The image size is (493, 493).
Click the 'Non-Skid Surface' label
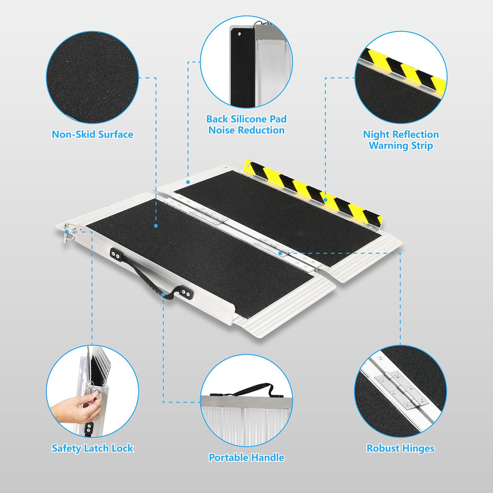point(92,134)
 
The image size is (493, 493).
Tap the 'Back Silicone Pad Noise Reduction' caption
point(246,125)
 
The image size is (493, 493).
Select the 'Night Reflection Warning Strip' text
point(401,140)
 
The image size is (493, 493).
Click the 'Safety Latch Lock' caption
point(92,448)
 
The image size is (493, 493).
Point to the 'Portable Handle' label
point(246,458)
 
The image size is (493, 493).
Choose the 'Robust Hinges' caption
point(400,448)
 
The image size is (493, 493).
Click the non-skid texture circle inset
point(92,77)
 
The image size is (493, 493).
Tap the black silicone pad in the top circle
point(242,67)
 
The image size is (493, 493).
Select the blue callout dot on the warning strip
point(325,200)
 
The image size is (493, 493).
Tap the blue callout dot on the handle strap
point(163,294)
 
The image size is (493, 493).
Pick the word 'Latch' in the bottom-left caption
point(96,448)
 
